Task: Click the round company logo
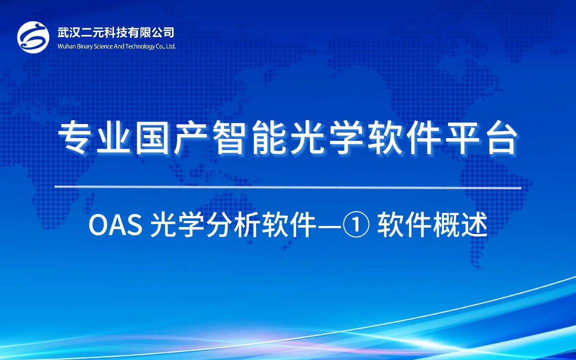[x=33, y=37]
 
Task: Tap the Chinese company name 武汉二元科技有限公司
[x=115, y=32]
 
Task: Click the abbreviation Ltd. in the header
[x=171, y=46]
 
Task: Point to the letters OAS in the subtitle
[x=115, y=225]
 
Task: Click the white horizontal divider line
[x=288, y=188]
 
